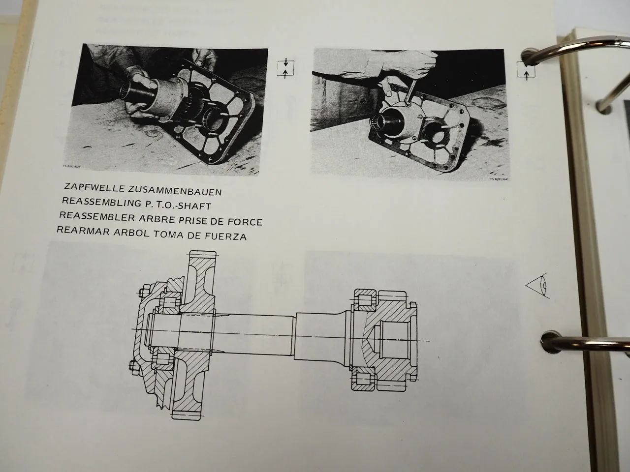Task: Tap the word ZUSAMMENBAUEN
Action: [x=166, y=190]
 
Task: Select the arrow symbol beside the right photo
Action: [x=526, y=71]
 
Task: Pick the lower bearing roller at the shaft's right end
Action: [x=363, y=379]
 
